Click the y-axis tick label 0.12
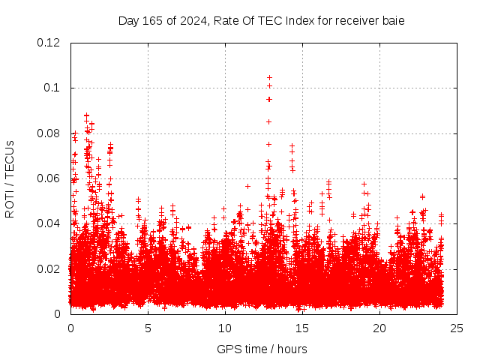(x=49, y=43)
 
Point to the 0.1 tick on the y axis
(x=53, y=88)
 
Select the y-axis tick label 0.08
(x=49, y=133)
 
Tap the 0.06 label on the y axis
(x=49, y=178)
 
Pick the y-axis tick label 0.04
(x=49, y=223)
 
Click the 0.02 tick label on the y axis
(x=49, y=268)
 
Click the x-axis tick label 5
(x=148, y=328)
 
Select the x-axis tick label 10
(x=225, y=328)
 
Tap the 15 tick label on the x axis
(x=302, y=328)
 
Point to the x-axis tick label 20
(x=379, y=328)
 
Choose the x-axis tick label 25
(x=457, y=328)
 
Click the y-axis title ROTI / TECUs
(x=10, y=178)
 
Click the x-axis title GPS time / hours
(x=262, y=349)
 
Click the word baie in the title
(x=394, y=21)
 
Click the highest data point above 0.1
(x=269, y=77)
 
